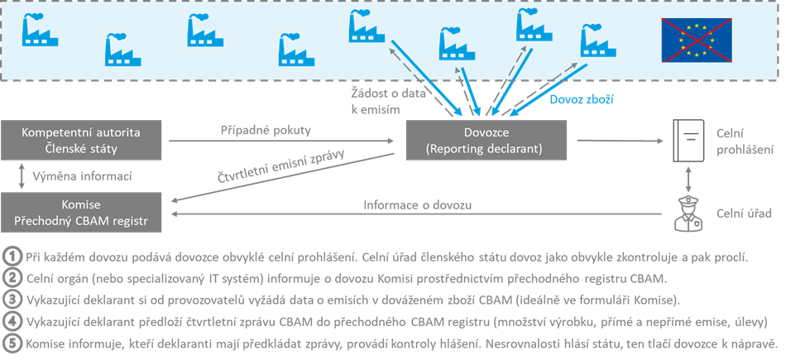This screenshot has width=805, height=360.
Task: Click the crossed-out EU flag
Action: [696, 40]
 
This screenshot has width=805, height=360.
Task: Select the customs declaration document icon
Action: [688, 140]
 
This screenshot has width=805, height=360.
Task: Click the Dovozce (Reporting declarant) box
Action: [486, 140]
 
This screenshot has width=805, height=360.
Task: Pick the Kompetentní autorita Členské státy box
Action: [80, 140]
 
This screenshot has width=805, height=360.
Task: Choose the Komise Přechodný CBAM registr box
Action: [80, 212]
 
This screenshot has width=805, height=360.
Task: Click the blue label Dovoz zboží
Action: [581, 99]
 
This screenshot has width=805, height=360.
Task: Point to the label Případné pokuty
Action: [266, 131]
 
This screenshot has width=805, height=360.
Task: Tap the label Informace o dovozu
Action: [417, 205]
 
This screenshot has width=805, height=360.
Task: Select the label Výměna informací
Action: [83, 176]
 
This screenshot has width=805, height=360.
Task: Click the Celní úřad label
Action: [744, 214]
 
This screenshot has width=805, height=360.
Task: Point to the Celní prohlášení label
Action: [745, 142]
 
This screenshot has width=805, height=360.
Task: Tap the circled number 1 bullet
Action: [12, 257]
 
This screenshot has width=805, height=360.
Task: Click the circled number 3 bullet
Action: [12, 300]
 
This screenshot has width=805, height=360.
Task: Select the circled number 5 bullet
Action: [12, 343]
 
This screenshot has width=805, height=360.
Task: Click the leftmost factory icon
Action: [40, 31]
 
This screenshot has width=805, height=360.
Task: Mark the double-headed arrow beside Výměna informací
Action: [21, 176]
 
